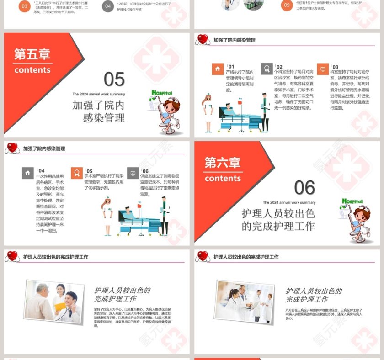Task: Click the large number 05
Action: point(114,79)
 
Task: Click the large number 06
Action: point(304,188)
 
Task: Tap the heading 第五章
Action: point(32,54)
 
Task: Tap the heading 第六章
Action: point(222,163)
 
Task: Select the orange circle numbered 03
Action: point(25,6)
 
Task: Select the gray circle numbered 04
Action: point(108,6)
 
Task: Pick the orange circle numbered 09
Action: point(287,5)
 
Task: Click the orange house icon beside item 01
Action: point(218,69)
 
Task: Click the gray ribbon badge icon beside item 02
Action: point(267,69)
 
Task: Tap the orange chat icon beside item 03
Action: point(323,69)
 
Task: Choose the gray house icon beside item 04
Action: point(27,173)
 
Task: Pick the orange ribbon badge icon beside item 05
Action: point(77,173)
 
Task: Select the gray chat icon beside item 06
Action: point(133,173)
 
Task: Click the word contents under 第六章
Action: point(223,178)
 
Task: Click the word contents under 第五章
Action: point(32,70)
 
